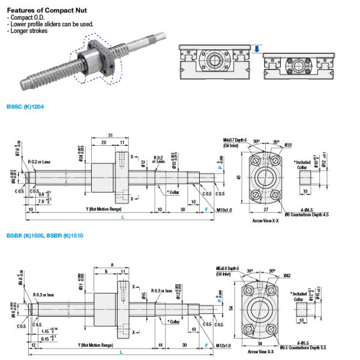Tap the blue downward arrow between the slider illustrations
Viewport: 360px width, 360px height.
tap(256, 50)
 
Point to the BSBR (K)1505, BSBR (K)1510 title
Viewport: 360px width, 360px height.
tap(44, 236)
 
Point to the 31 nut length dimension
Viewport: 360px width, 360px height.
tap(110, 134)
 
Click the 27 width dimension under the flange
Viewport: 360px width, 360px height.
tap(266, 209)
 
